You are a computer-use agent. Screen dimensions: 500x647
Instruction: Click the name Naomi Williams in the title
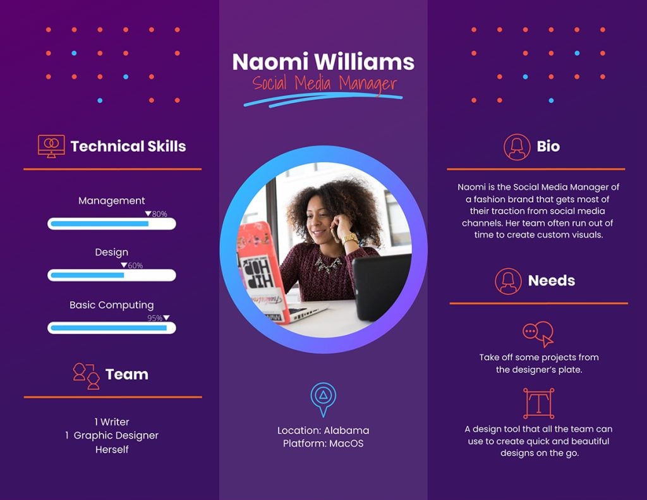pos(323,62)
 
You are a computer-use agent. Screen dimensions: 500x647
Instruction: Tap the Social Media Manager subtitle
pos(324,83)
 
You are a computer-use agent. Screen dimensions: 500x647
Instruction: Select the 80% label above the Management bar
pos(159,214)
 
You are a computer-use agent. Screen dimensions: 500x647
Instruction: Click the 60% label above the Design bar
pos(135,266)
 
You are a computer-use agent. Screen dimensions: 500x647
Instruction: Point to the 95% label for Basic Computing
pos(155,319)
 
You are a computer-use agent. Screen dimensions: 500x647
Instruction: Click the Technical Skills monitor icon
pos(51,146)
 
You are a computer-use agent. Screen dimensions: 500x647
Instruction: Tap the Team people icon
pos(87,375)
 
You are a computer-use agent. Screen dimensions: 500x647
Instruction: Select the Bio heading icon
pos(517,147)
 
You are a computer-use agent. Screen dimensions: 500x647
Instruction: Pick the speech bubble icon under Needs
pos(538,333)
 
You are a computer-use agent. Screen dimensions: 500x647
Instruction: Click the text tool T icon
pos(538,403)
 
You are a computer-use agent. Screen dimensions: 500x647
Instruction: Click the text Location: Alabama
pos(323,430)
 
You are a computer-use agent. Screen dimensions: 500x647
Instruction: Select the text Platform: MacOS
pos(323,444)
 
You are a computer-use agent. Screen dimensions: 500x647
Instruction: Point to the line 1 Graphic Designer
pos(112,436)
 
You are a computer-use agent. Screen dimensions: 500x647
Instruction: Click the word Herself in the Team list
pos(112,449)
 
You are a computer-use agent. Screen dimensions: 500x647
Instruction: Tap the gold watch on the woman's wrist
pos(349,238)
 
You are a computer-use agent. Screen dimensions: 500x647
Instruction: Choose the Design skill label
pos(112,252)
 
